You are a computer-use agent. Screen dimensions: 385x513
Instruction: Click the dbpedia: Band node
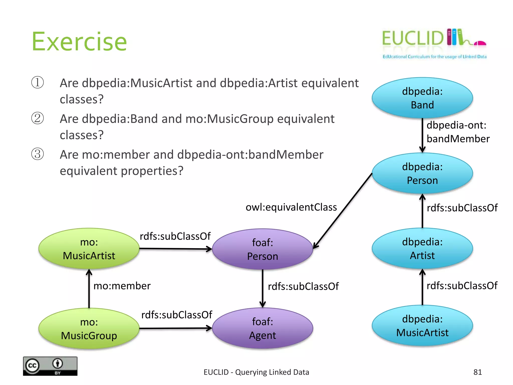click(x=422, y=98)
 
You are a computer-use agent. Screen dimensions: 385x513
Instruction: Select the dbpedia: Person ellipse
click(x=422, y=173)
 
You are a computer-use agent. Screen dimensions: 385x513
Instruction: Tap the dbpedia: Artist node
click(x=422, y=248)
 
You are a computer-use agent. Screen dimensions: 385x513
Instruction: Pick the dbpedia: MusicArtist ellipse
click(x=422, y=326)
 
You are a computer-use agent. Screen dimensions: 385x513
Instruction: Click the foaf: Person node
click(x=262, y=249)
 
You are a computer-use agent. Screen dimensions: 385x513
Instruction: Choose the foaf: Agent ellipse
click(x=262, y=328)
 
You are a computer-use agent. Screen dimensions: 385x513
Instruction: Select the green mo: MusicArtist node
click(x=89, y=249)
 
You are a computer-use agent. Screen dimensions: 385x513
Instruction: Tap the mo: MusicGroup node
click(x=89, y=329)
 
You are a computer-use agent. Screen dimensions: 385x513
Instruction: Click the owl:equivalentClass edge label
click(x=291, y=207)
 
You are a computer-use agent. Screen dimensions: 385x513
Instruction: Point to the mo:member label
click(x=122, y=286)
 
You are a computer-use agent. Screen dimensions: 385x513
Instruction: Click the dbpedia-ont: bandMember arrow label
click(x=458, y=132)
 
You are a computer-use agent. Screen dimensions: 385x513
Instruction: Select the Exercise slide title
click(x=79, y=42)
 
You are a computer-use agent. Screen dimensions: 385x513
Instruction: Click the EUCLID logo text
click(x=413, y=38)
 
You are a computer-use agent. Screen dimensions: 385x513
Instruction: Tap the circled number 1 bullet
click(x=38, y=82)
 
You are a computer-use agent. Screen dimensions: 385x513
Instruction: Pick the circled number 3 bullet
click(x=38, y=154)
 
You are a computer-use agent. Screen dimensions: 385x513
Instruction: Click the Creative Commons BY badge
click(x=50, y=366)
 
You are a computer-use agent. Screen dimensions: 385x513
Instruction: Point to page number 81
click(x=477, y=372)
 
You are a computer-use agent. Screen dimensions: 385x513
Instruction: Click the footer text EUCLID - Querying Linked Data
click(x=256, y=372)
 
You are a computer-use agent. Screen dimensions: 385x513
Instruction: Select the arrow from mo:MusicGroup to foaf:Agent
click(x=175, y=328)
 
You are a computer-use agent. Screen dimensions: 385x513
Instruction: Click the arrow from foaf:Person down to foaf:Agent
click(x=262, y=288)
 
